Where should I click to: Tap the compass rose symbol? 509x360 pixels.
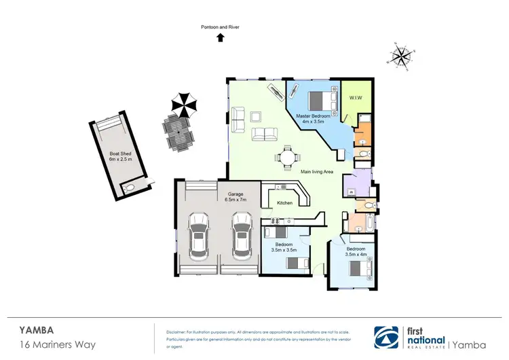pyautogui.click(x=402, y=56)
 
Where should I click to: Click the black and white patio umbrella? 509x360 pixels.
pyautogui.click(x=183, y=103)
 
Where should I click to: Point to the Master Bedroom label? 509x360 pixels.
pyautogui.click(x=313, y=119)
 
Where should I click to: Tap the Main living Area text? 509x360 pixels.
pyautogui.click(x=318, y=173)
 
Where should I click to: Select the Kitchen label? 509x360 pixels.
pyautogui.click(x=284, y=203)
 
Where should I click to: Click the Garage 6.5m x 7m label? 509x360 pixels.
pyautogui.click(x=234, y=197)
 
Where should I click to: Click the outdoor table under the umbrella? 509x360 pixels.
pyautogui.click(x=178, y=131)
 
